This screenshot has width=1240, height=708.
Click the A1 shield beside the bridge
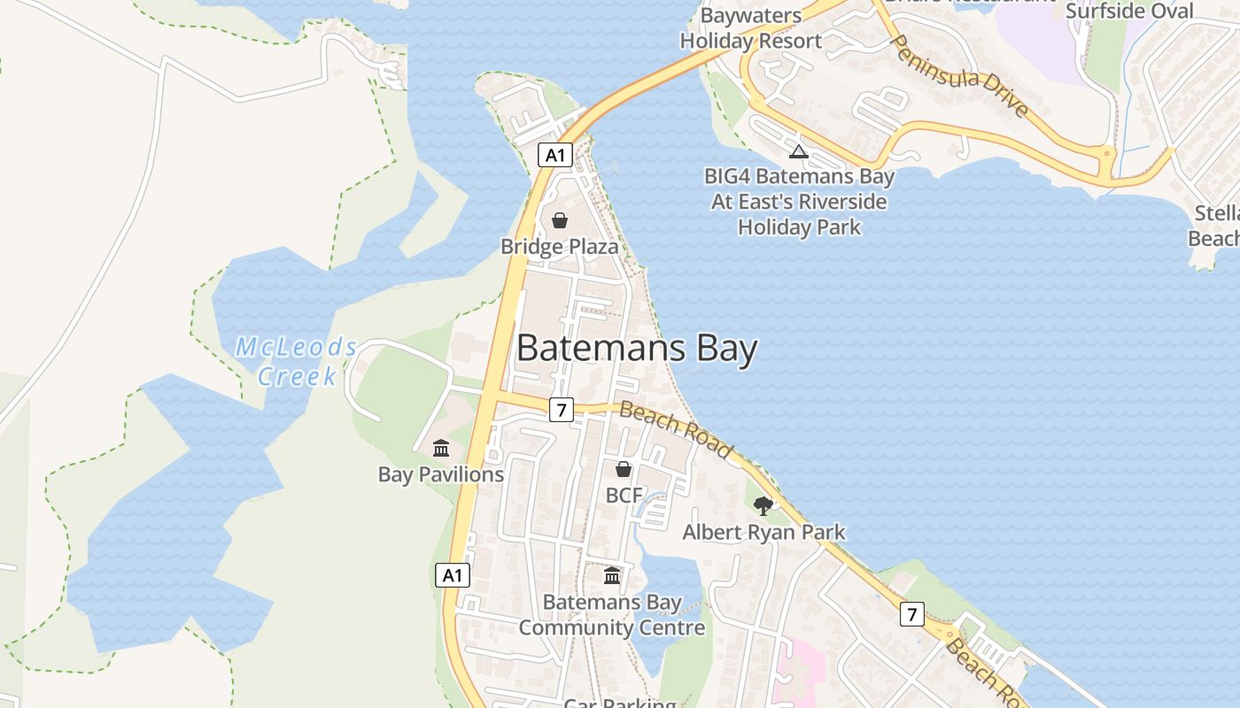[554, 156]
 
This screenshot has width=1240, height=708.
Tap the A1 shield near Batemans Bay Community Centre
[453, 575]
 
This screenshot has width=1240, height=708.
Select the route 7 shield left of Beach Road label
[561, 410]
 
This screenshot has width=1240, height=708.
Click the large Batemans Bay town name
[636, 349]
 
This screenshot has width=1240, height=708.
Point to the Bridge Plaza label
[559, 246]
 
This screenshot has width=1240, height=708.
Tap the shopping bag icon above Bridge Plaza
[560, 219]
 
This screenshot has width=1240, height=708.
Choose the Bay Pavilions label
[441, 474]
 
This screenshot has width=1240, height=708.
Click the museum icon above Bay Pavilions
[441, 448]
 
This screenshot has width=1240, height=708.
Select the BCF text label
[624, 496]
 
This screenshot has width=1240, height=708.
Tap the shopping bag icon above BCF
[624, 469]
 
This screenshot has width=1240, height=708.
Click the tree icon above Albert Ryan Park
[763, 506]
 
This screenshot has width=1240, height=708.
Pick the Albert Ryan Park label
[763, 532]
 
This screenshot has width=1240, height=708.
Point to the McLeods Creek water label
[296, 361]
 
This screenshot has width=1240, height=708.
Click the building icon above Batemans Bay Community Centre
[612, 576]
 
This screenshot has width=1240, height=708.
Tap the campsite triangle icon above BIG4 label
[799, 151]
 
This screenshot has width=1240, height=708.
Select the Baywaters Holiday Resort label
[751, 28]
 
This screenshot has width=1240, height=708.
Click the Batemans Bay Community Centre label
[612, 615]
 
